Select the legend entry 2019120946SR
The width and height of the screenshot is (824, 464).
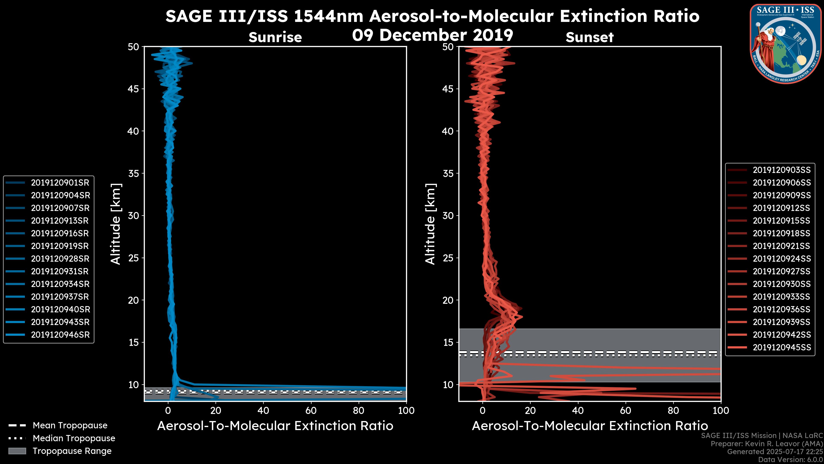click(60, 335)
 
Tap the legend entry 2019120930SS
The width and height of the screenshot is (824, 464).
click(782, 284)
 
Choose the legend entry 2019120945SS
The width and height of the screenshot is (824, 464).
click(782, 347)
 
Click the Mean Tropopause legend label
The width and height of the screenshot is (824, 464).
click(70, 425)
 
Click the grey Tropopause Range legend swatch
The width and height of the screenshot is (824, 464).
click(17, 451)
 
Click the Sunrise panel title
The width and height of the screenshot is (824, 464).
click(275, 37)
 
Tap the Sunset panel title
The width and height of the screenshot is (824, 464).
click(589, 37)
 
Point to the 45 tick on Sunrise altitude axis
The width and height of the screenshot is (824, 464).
click(134, 89)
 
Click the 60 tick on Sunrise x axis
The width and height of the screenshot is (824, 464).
click(311, 411)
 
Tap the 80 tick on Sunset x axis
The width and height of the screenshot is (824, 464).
click(673, 411)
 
